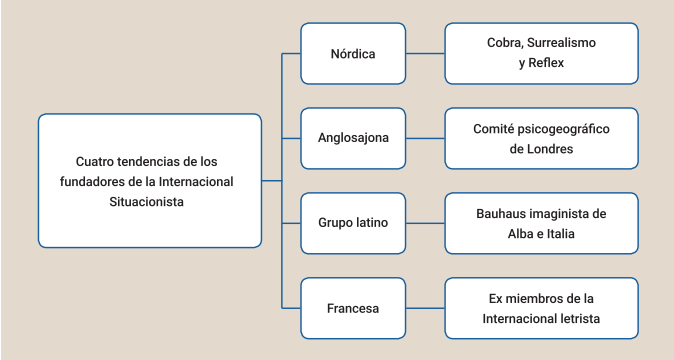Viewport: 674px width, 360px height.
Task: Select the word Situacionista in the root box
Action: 146,200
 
